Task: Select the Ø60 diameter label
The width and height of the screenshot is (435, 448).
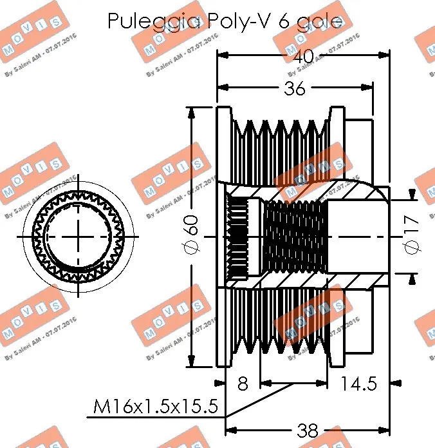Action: click(x=192, y=236)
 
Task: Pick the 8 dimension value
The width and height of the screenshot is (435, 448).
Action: click(x=242, y=384)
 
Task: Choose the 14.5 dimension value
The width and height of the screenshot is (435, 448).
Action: click(x=359, y=384)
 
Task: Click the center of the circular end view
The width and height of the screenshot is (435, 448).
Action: click(x=79, y=237)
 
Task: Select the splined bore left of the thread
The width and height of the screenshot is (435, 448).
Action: click(x=239, y=237)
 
